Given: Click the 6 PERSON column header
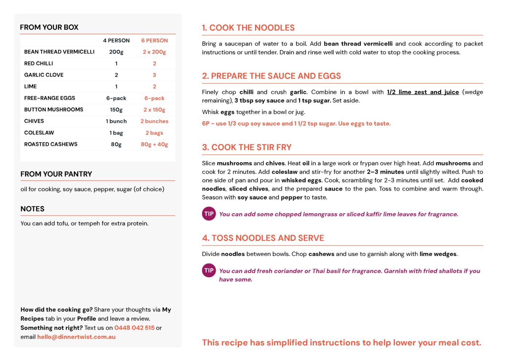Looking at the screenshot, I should point(154,40).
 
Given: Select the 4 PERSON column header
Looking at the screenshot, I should point(116,40).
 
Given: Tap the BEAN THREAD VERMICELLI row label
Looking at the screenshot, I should point(59,52).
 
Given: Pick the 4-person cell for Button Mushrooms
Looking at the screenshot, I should point(116,110).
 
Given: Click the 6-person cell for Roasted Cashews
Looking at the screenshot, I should point(154,144).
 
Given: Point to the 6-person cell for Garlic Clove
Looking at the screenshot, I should point(154,75).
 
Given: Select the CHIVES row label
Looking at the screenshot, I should point(34,121).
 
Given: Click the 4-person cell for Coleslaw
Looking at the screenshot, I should point(116,133).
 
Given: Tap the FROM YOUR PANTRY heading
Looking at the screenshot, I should point(56,174).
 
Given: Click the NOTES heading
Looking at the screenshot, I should point(32,209).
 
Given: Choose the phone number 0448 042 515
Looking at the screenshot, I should point(134,328).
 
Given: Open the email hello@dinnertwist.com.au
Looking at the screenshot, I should point(76,337).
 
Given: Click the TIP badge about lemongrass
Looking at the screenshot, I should point(209,214).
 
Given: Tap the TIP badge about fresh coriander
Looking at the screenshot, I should point(209,270).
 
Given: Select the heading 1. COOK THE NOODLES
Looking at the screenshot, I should point(248,28).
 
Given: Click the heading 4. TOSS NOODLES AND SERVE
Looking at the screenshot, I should point(263,238).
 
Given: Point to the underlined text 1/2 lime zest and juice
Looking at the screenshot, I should point(422,92).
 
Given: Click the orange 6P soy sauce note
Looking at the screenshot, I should point(296,124).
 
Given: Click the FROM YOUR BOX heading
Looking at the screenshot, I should point(49,27).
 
